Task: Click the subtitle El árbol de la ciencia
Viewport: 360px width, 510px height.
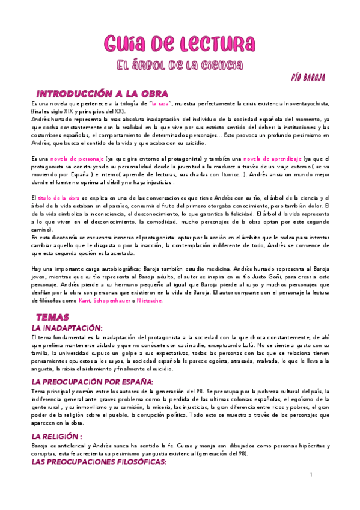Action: tap(179, 64)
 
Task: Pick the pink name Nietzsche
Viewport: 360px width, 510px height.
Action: tap(148, 300)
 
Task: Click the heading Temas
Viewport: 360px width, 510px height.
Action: tap(53, 316)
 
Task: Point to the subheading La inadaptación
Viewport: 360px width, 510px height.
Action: tap(67, 328)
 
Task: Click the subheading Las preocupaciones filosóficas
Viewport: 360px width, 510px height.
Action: tap(90, 461)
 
